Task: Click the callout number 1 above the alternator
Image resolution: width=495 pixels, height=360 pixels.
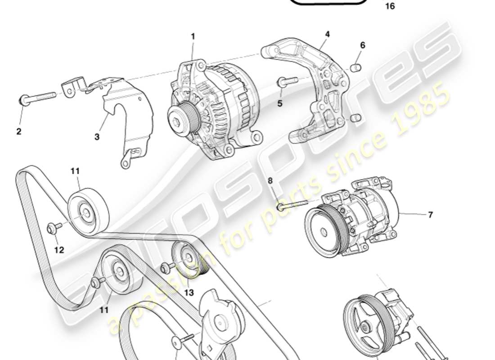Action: tap(193, 36)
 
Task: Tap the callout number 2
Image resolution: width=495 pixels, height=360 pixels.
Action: tap(19, 132)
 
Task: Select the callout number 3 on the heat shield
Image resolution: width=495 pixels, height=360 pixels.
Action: tap(97, 137)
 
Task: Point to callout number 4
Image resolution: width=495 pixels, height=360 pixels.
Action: tap(327, 34)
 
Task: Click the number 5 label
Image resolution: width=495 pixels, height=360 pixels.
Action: tap(279, 103)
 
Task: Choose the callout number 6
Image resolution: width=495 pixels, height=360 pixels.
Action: tap(362, 45)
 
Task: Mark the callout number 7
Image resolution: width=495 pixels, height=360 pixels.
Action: tap(430, 215)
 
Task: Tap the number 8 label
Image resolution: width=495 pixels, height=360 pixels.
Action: tap(270, 180)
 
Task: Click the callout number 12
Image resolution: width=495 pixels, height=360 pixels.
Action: tap(59, 250)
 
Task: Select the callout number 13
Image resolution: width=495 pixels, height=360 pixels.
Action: tap(189, 292)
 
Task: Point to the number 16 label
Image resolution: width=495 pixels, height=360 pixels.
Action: tap(390, 7)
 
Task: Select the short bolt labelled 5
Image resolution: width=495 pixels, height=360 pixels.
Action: tap(287, 82)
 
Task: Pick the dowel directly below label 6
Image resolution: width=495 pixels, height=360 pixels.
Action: tap(356, 68)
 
